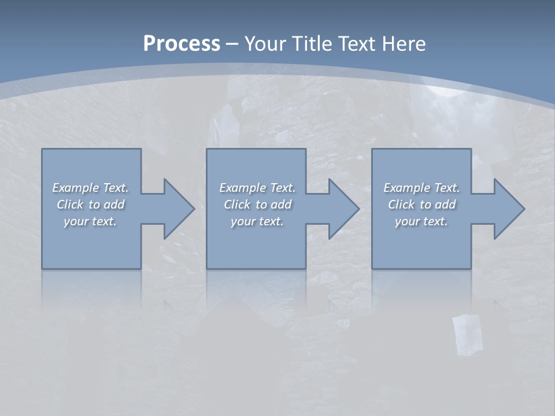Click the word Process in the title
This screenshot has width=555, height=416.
182,44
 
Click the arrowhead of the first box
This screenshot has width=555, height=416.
177,209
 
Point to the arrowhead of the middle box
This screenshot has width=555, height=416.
342,209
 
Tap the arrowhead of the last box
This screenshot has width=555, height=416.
508,209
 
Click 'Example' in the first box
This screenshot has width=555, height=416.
76,188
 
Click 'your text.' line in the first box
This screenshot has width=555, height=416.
90,221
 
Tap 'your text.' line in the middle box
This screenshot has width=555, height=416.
257,221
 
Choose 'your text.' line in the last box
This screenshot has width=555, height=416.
421,221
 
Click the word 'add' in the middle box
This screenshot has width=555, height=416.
281,205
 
